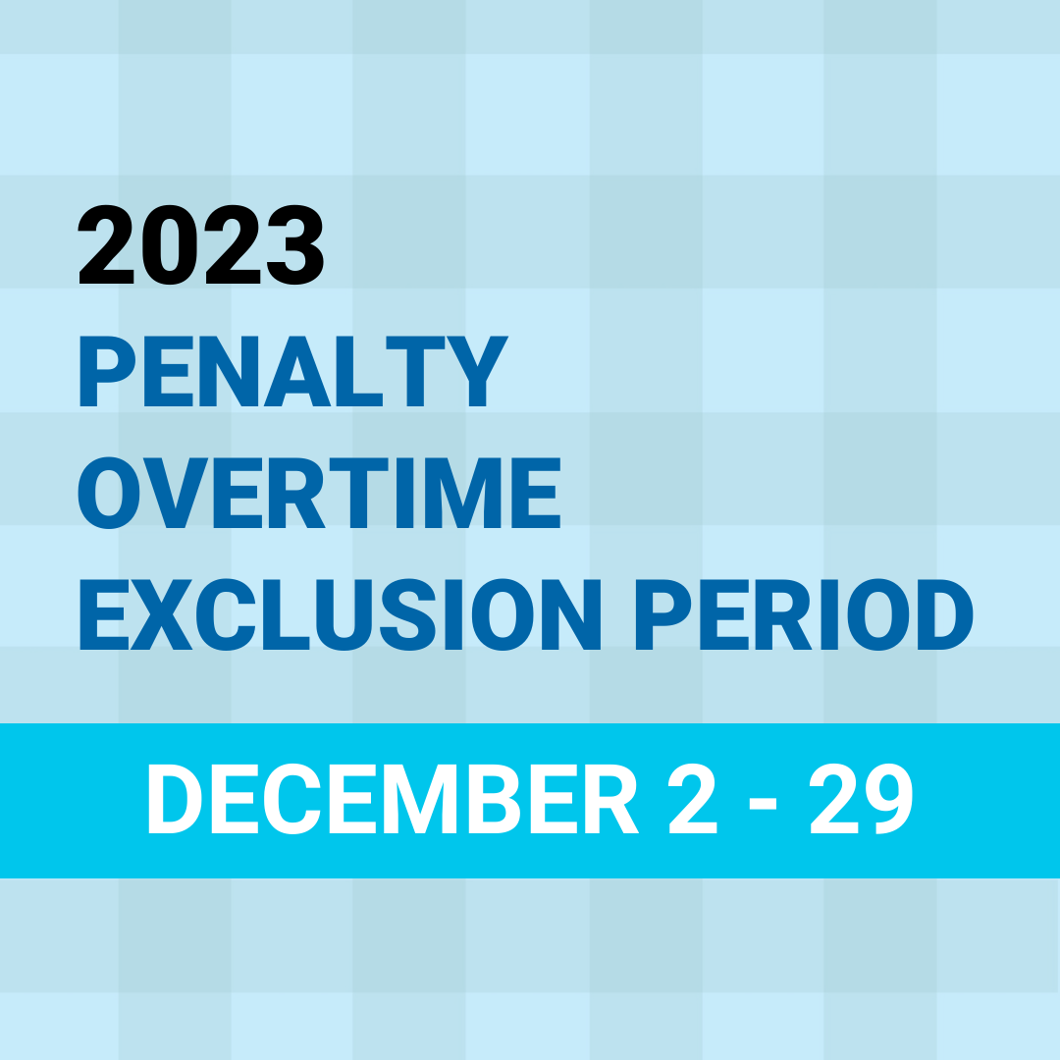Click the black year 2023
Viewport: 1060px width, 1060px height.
201,244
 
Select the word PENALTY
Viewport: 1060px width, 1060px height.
294,371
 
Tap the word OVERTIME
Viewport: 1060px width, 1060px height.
319,493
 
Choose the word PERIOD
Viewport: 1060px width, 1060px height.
804,614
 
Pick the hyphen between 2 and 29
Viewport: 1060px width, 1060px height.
763,804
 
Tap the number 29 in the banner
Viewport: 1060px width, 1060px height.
862,798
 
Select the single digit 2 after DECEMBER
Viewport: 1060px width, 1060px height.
692,798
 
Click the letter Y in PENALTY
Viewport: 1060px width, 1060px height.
477,371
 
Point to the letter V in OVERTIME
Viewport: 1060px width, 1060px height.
176,493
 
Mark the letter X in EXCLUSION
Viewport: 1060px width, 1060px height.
162,614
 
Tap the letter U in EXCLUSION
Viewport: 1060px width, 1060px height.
344,615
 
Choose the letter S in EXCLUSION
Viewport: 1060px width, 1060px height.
407,614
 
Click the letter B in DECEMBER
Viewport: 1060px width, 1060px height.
494,798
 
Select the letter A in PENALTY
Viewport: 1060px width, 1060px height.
296,371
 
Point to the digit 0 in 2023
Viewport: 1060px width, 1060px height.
170,244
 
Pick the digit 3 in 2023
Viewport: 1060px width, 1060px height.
295,244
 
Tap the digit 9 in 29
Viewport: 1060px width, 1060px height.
888,798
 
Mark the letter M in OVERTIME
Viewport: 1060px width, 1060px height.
463,493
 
